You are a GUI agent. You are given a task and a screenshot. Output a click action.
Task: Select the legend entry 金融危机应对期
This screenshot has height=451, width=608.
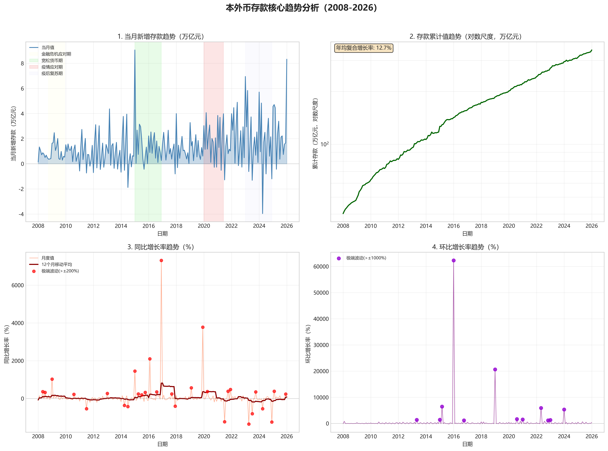coord(56,54)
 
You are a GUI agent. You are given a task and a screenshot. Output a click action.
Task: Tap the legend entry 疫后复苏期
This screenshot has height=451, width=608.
coord(52,73)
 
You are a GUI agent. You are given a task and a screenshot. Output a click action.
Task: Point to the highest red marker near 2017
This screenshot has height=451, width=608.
coord(161,260)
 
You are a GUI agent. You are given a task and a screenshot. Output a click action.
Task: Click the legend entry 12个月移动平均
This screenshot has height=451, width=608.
coord(57,264)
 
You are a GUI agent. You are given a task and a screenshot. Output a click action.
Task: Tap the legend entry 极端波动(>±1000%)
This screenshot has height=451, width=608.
coord(366,258)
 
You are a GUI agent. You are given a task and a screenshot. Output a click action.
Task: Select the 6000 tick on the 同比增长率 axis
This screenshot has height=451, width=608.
coord(18,285)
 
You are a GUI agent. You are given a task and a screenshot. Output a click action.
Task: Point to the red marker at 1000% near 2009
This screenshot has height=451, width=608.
coord(52,379)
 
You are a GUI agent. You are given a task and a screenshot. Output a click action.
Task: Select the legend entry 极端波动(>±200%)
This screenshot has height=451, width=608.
coord(60,271)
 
